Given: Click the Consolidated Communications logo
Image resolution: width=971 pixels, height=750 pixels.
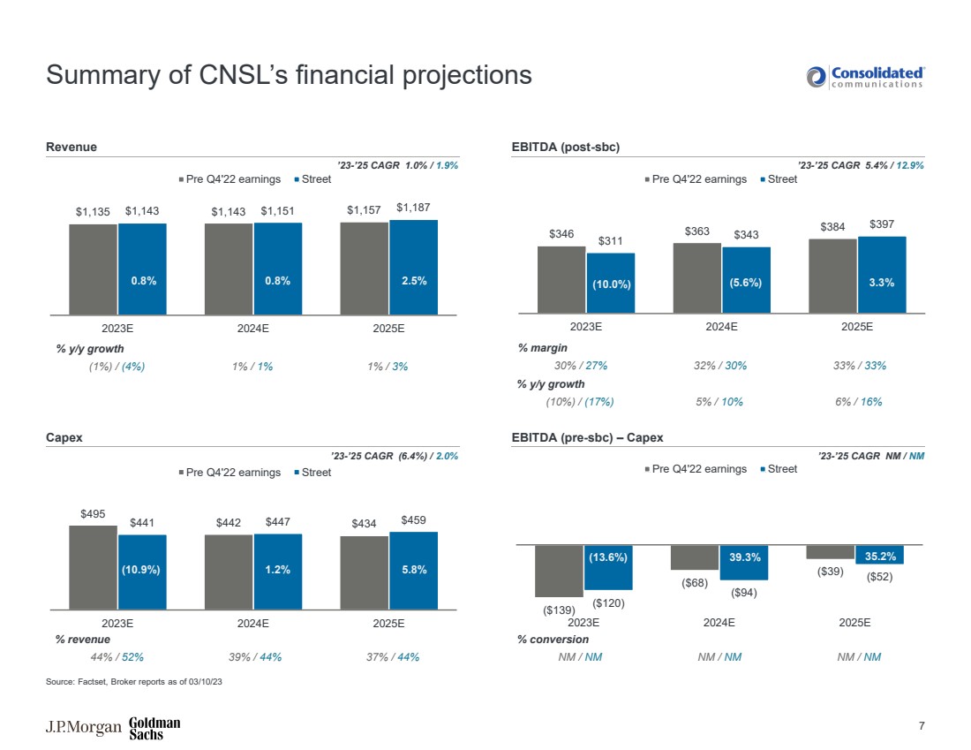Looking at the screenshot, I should [x=865, y=77].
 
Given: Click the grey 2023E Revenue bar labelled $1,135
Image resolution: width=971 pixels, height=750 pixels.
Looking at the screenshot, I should [x=94, y=269].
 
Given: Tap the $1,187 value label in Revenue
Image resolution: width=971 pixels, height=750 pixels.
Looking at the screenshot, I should [x=413, y=208].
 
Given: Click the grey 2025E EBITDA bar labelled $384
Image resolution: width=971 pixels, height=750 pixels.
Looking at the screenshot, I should [x=832, y=275].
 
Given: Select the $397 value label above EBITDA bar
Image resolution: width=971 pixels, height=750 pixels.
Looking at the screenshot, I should [x=881, y=224].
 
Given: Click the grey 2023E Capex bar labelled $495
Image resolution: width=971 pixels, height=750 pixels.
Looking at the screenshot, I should [x=94, y=567].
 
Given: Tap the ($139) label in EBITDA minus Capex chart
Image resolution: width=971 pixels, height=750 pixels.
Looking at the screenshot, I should [x=559, y=610].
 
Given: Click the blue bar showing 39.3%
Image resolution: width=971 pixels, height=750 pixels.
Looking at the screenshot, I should [x=745, y=562].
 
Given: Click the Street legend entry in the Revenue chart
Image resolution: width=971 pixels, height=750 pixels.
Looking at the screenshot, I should [x=312, y=179].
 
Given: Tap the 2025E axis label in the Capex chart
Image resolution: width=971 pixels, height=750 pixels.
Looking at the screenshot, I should [x=388, y=623].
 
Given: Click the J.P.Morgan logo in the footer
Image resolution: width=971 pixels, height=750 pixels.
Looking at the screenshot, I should [x=83, y=728].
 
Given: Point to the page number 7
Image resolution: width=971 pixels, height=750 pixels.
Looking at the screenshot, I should [x=921, y=726].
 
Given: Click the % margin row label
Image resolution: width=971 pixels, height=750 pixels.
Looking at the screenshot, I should [x=542, y=348].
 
